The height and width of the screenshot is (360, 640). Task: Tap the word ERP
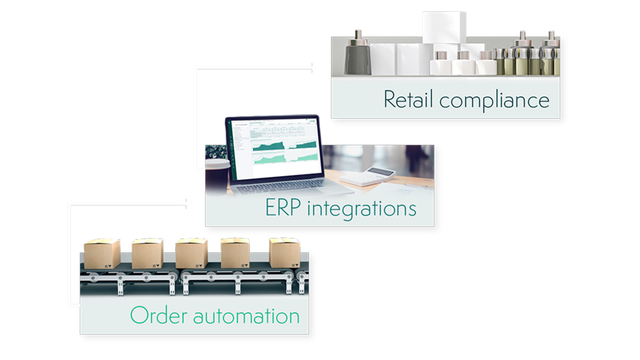283,208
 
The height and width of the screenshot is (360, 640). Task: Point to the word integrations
362,209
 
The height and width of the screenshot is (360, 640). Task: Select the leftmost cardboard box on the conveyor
102,254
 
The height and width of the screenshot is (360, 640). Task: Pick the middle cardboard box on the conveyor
192,254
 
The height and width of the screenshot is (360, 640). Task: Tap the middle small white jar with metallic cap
462,64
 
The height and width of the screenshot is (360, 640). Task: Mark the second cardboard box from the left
147,254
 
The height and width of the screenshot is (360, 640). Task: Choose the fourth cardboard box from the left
235,254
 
